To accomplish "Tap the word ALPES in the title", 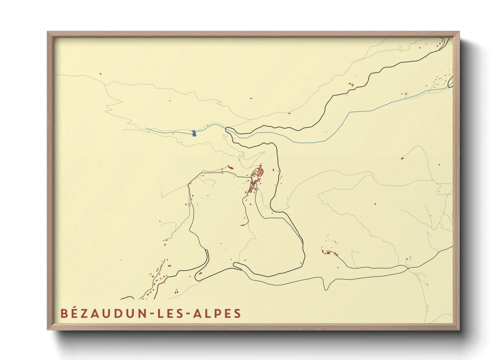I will point(217,313).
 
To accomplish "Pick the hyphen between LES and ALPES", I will point(187,314).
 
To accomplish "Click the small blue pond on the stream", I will point(194,133).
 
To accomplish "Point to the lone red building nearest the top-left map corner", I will point(100,73).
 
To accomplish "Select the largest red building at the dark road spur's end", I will point(328,253).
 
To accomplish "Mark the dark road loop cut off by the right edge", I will point(451,82).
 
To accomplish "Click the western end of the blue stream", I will point(146,129).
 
